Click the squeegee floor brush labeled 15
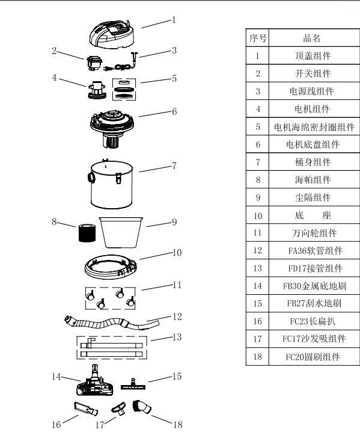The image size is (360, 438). (x=133, y=382)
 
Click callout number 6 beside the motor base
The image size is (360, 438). (x=174, y=111)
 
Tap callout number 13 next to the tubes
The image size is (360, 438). (x=177, y=337)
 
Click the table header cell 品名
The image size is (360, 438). (x=312, y=39)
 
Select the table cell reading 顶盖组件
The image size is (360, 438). (x=312, y=56)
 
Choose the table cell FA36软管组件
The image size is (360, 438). (x=312, y=250)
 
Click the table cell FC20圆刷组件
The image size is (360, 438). (x=312, y=356)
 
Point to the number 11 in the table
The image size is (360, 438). (x=257, y=233)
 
